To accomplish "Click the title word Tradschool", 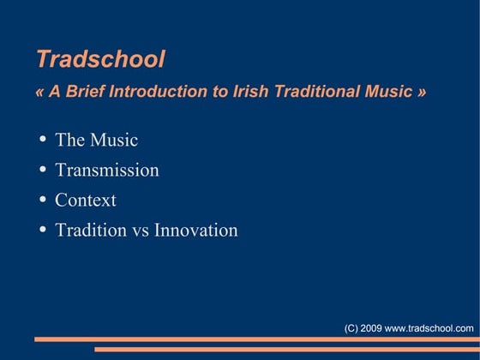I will (x=100, y=59).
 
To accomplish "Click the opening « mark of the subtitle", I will (x=41, y=93).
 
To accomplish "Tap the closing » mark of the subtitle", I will (x=420, y=93).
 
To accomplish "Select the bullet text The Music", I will (x=96, y=140).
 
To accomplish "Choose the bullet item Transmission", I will (x=106, y=170).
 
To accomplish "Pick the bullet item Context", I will (x=86, y=200).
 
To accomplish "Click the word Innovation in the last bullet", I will (x=195, y=230).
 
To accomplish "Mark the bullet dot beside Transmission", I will (x=43, y=170).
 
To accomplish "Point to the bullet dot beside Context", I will (x=43, y=200).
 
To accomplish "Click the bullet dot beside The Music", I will (x=43, y=140).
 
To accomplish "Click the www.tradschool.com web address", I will (x=429, y=328).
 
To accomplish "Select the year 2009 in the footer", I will (x=371, y=328).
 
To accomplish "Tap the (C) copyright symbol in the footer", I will (x=351, y=328).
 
